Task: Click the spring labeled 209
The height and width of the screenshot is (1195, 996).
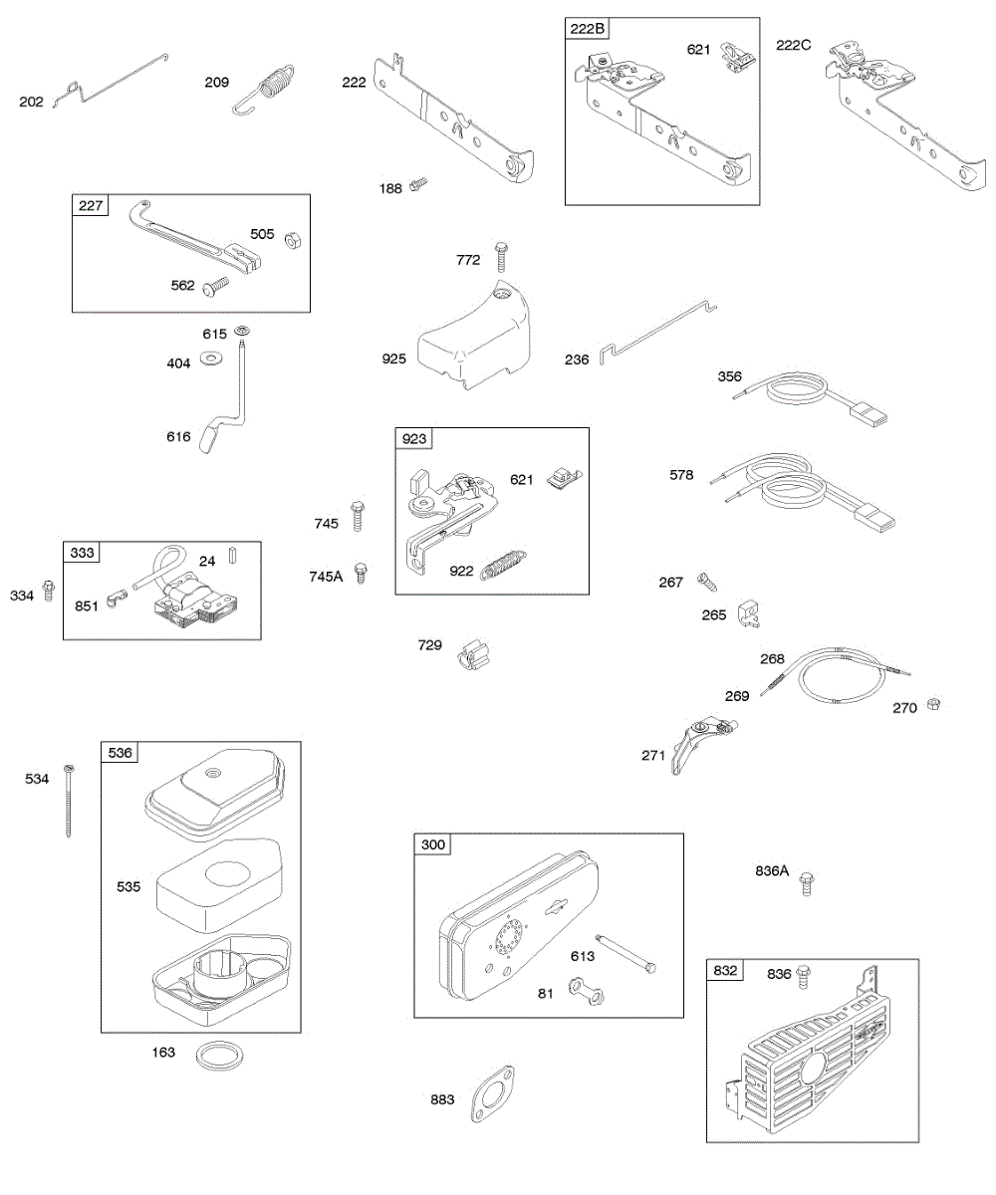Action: coord(271,85)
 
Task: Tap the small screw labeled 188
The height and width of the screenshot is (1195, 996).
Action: coord(418,184)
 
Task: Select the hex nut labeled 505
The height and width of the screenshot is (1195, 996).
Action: coord(293,239)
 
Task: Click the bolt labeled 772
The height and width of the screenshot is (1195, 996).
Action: coord(500,256)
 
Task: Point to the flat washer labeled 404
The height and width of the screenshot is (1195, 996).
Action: coord(211,358)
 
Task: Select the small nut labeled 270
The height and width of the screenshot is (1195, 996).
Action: coord(932,704)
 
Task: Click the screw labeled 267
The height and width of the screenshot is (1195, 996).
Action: coord(704,578)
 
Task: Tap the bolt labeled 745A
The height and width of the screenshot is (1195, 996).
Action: coord(363,574)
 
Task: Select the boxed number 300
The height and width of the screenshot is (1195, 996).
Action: coord(433,845)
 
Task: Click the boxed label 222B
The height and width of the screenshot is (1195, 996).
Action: coord(587,29)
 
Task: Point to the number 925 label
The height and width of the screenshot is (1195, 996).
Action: coord(393,358)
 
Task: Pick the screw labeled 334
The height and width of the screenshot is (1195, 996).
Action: coord(47,594)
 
